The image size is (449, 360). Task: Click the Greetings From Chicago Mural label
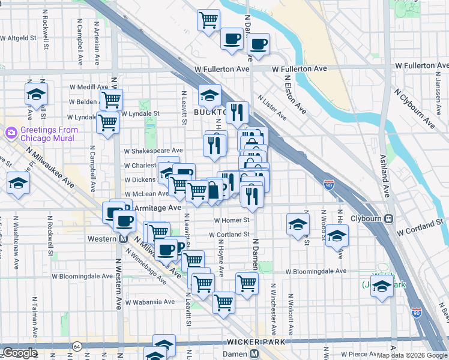pyautogui.click(x=49, y=134)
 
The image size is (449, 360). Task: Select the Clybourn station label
pyautogui.click(x=366, y=219)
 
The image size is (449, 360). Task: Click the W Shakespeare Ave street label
pyautogui.click(x=153, y=151)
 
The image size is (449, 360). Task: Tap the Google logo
pyautogui.click(x=20, y=353)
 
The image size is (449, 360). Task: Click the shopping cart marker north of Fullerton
pyautogui.click(x=208, y=21)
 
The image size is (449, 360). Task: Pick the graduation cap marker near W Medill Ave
pyautogui.click(x=36, y=94)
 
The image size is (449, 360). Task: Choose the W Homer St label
pyautogui.click(x=231, y=220)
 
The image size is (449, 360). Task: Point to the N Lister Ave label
pyautogui.click(x=272, y=107)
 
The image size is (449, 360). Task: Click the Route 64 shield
pyautogui.click(x=77, y=346)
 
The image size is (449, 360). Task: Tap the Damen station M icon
pyautogui.click(x=255, y=355)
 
